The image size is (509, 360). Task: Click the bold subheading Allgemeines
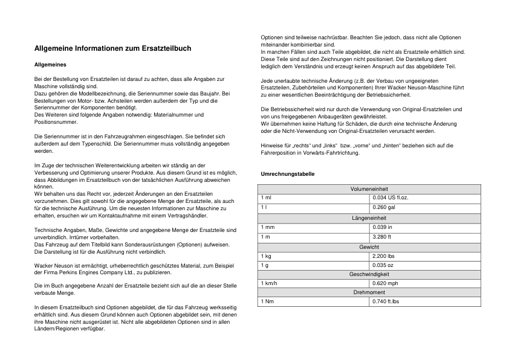[x=51, y=64]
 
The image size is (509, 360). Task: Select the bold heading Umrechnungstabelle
[x=287, y=174]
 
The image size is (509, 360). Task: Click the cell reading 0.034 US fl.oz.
[x=391, y=198]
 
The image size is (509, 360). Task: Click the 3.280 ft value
[x=381, y=237]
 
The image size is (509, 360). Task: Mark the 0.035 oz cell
[x=383, y=266]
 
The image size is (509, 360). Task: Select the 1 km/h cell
[x=270, y=283]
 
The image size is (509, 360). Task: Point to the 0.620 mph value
[x=385, y=283]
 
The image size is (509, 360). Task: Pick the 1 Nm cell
[x=267, y=301]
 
